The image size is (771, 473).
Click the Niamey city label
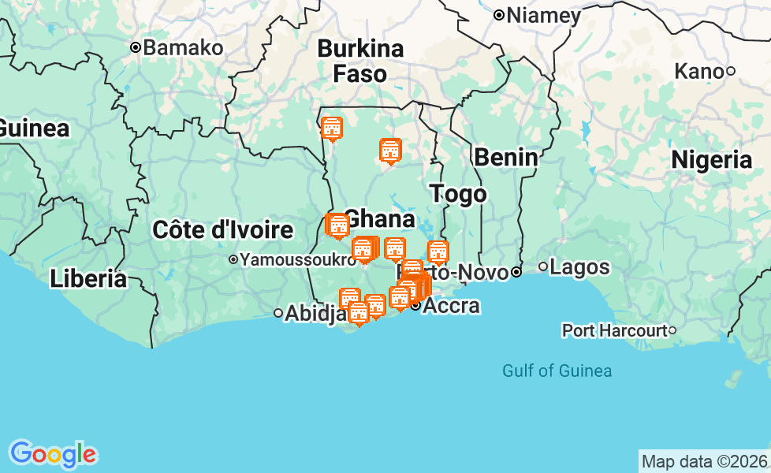coord(544,15)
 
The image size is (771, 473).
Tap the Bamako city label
coord(184,47)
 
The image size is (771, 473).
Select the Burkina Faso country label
coord(360,61)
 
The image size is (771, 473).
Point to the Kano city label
coord(698,72)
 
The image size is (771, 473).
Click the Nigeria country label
coord(711,160)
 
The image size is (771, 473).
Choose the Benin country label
coord(505,158)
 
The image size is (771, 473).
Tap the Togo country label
coord(458,194)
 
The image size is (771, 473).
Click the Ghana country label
coord(380,218)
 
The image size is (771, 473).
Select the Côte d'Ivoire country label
coord(222,230)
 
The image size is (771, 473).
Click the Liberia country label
coord(88,278)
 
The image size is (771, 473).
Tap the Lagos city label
coord(579,267)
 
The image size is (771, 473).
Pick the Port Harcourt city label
coord(614,330)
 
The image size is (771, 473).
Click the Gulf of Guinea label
coord(557,371)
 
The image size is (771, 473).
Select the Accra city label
coord(452,306)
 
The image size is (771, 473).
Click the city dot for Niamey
coord(499,15)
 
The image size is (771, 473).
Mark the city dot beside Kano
coord(731,72)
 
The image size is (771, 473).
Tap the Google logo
coord(53,454)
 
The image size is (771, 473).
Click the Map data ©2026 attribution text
coord(704,461)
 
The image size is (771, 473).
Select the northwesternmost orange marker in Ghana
coord(332,128)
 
